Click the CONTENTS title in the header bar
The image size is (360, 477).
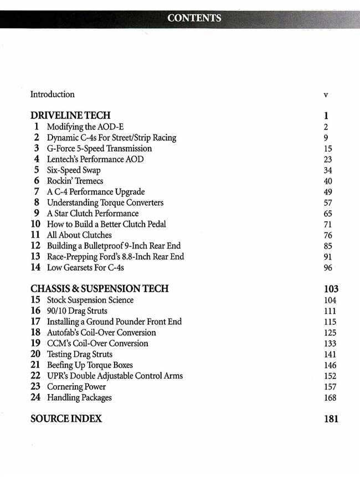point(194,18)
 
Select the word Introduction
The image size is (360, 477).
point(52,95)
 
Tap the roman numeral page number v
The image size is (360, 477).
point(326,95)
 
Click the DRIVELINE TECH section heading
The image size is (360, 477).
point(70,116)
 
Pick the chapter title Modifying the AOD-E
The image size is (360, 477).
point(85,127)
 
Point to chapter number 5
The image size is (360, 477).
point(36,170)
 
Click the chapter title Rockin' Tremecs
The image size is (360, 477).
point(75,181)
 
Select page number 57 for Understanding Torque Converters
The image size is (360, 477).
point(327,203)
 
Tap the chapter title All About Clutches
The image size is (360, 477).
point(79,235)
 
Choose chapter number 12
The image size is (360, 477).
point(35,246)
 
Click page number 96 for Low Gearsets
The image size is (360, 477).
point(327,268)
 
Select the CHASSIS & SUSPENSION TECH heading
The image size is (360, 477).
point(100,289)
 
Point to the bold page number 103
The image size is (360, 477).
point(331,289)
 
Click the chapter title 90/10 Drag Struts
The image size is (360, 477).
point(77,311)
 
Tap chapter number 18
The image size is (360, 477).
point(35,333)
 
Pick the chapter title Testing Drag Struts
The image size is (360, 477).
point(80,354)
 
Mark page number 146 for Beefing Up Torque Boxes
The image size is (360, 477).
point(330,365)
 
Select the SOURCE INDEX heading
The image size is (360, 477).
point(66,419)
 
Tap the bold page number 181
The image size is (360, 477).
point(331,419)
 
